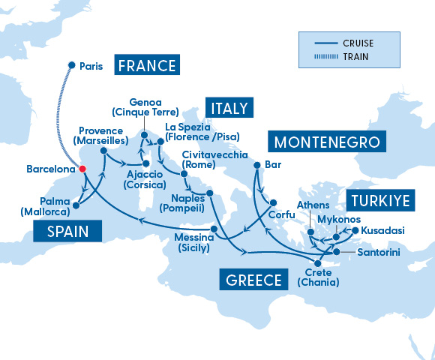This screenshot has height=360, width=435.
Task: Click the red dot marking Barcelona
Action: point(82,169)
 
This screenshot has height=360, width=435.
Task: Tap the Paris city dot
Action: point(71,65)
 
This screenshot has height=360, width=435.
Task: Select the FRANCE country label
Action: point(145,65)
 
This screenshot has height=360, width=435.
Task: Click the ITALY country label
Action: point(229,107)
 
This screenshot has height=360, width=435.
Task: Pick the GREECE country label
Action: point(253,280)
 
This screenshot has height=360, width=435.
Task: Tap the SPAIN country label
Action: point(66,232)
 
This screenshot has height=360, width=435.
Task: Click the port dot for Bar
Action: point(257,165)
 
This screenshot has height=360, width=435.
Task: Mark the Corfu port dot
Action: point(273,202)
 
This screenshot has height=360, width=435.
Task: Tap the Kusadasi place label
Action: point(382,230)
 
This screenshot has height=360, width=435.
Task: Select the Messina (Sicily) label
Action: point(191,242)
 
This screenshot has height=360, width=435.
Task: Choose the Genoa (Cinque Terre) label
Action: point(140,106)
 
